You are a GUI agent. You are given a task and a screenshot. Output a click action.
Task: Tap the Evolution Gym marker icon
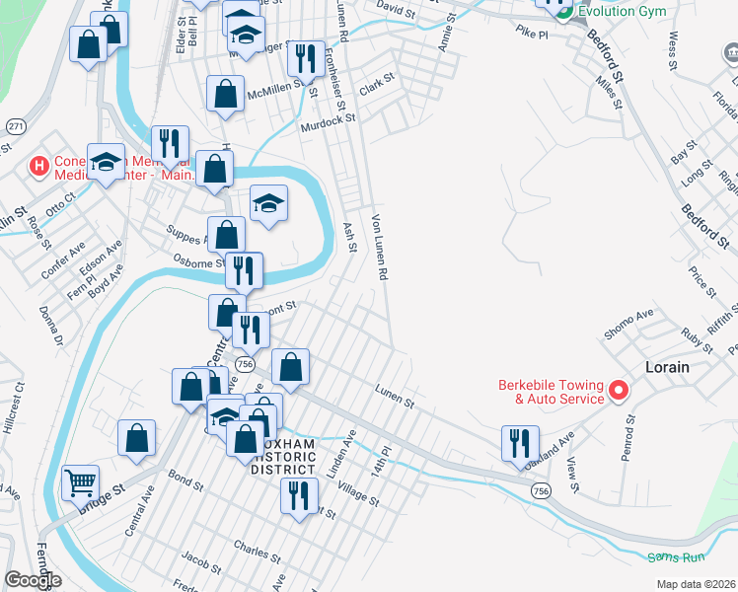[562, 11]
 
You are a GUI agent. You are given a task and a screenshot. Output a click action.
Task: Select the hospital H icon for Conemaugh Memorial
[39, 165]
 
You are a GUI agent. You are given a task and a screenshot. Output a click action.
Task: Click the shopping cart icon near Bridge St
[80, 482]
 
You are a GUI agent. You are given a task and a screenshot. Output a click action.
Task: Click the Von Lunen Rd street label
[379, 245]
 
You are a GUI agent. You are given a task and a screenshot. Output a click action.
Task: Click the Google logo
[33, 580]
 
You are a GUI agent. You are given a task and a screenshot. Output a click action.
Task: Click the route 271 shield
[15, 127]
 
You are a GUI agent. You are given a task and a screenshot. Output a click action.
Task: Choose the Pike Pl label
[530, 33]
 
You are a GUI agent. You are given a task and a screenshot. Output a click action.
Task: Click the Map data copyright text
[697, 583]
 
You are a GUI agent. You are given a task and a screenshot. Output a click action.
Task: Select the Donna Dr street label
[50, 325]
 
